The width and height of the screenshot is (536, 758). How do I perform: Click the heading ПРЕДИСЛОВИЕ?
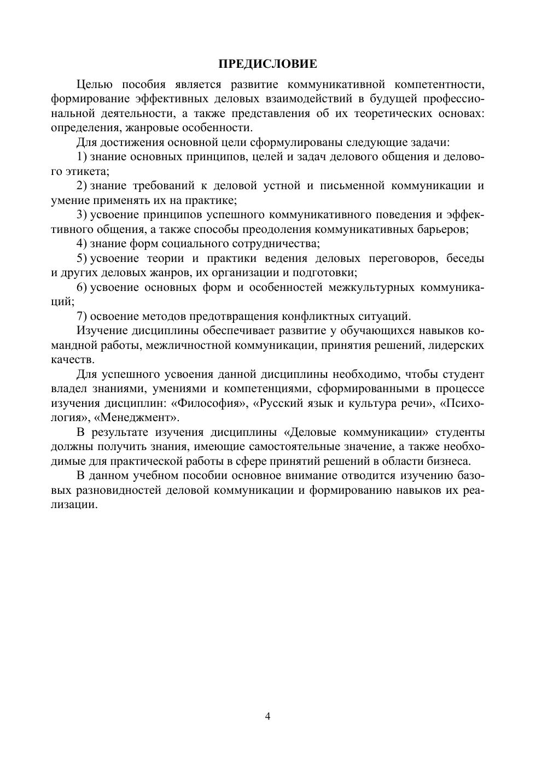point(267,65)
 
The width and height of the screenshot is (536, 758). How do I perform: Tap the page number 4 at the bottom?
point(268,716)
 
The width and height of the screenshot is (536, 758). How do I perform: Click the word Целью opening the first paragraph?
point(95,84)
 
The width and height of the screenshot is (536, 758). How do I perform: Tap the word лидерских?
point(457,346)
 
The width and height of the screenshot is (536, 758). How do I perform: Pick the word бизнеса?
point(448,461)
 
